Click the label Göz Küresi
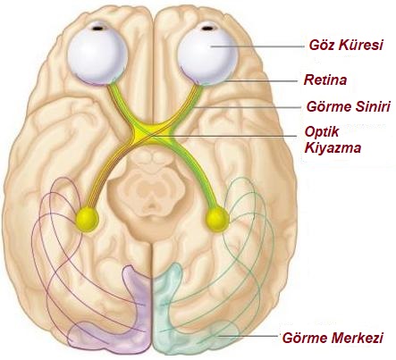[x=346, y=46]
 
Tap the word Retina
[x=325, y=80]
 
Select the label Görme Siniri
[x=349, y=106]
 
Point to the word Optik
[x=322, y=131]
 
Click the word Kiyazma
[x=333, y=147]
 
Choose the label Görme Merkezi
[x=333, y=338]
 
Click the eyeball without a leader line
[x=97, y=54]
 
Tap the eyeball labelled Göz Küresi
[x=207, y=54]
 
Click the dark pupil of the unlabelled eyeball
[x=99, y=29]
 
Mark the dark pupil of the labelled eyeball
[x=207, y=29]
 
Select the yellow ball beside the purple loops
[x=87, y=220]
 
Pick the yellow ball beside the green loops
[x=217, y=220]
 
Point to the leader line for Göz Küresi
[x=257, y=46]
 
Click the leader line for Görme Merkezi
[x=249, y=336]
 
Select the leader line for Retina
[x=261, y=80]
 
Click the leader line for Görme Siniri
[x=247, y=107]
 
